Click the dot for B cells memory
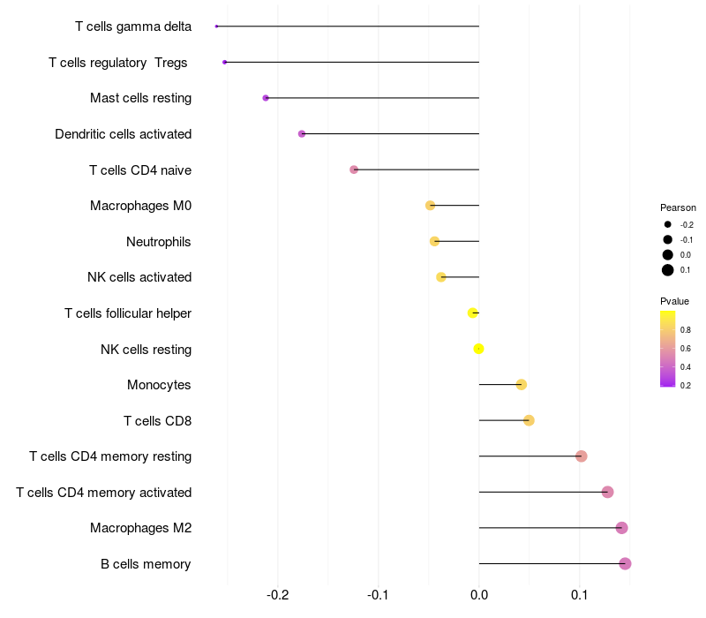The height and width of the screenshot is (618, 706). point(625,563)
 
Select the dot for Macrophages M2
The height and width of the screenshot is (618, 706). point(621,528)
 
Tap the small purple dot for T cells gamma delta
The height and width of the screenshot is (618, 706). point(216,26)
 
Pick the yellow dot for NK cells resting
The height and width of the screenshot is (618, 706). point(479,349)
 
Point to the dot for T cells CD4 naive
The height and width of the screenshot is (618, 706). point(354,170)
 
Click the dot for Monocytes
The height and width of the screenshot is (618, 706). point(522,384)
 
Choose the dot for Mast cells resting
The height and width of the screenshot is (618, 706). point(266,98)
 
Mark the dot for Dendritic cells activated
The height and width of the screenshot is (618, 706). point(302,133)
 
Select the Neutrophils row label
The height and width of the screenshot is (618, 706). point(159,241)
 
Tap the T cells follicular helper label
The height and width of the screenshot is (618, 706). point(128,313)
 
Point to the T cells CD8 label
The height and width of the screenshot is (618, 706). point(157,420)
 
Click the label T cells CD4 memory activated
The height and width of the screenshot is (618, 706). point(103,492)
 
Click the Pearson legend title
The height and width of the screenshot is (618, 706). point(678,207)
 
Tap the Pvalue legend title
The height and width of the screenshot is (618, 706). point(675,301)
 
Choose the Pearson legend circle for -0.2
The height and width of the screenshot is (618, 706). point(668,224)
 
